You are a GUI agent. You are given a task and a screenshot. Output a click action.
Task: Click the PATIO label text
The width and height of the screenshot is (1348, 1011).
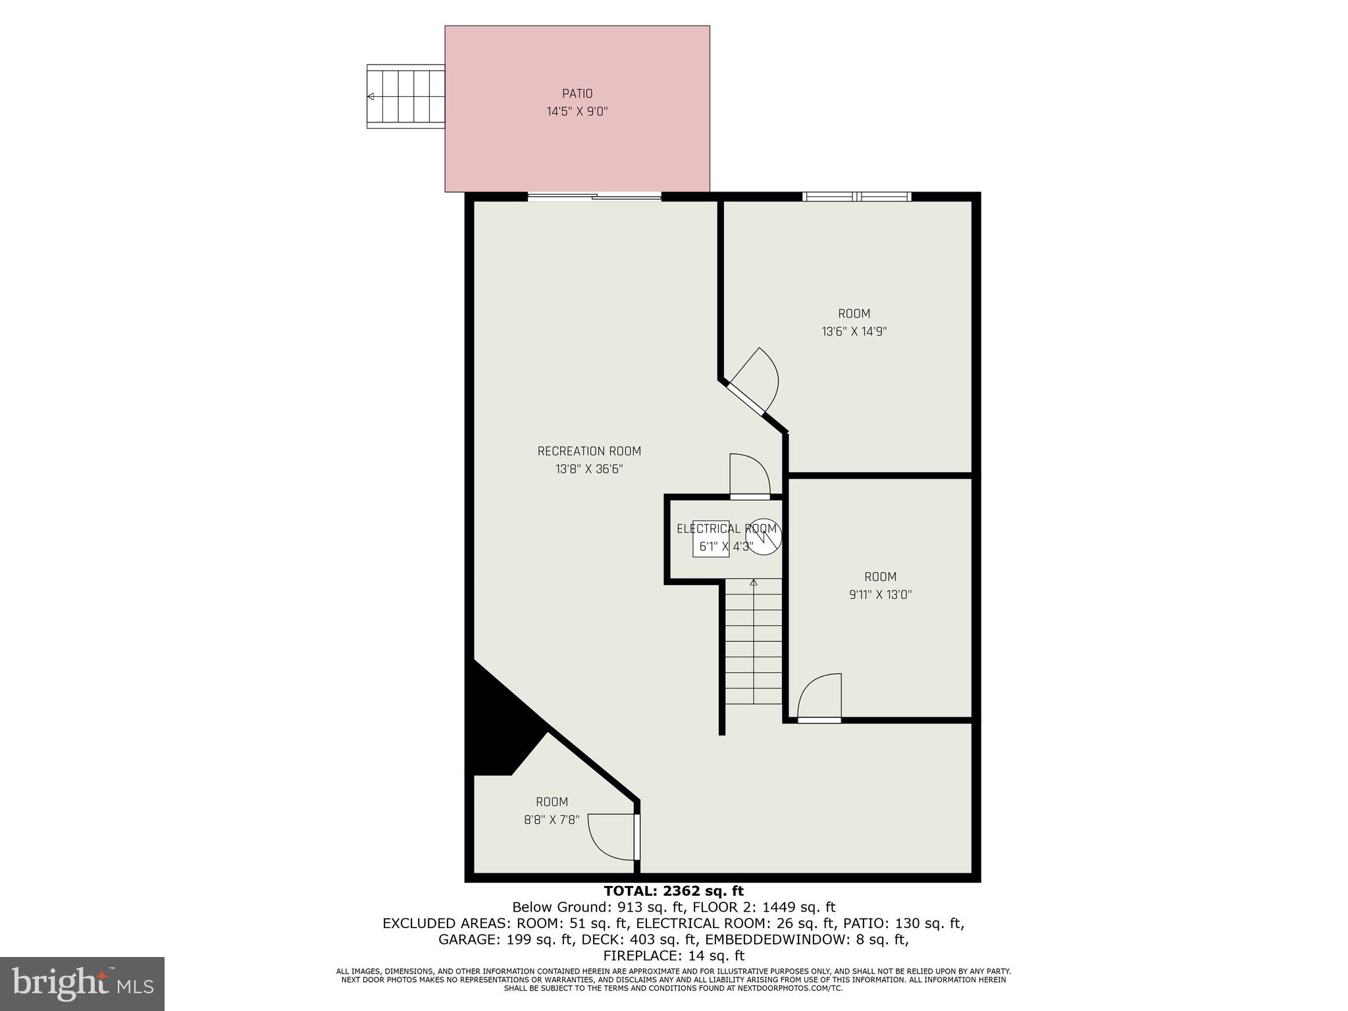(577, 93)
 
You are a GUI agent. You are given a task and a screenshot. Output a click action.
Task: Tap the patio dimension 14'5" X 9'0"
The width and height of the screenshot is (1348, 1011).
(577, 112)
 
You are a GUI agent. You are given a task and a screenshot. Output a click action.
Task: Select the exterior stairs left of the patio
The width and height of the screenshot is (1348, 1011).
(405, 96)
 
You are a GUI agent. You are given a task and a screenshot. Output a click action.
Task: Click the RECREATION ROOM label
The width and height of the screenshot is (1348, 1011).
(589, 451)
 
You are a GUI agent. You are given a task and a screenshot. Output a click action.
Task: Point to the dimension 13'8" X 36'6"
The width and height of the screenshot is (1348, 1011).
(589, 469)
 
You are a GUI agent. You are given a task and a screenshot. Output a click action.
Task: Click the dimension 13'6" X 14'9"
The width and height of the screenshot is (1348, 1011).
(854, 332)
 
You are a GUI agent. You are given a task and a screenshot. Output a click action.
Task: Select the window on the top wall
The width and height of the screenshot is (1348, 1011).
(856, 196)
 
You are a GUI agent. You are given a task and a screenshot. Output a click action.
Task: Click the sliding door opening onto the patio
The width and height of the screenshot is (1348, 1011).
(594, 196)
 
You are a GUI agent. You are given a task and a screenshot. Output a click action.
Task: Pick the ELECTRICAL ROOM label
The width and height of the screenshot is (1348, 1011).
(727, 529)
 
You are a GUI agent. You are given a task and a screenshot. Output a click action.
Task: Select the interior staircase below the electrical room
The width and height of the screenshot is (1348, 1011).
(753, 642)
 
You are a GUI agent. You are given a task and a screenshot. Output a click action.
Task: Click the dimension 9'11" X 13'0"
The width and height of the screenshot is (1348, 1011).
(880, 595)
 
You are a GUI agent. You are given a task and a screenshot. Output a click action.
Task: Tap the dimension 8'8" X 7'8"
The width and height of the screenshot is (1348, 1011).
(551, 820)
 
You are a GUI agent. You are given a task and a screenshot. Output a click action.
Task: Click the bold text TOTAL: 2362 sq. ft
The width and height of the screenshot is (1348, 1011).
(673, 891)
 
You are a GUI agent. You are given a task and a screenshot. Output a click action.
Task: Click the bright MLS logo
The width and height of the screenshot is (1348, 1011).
(82, 983)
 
